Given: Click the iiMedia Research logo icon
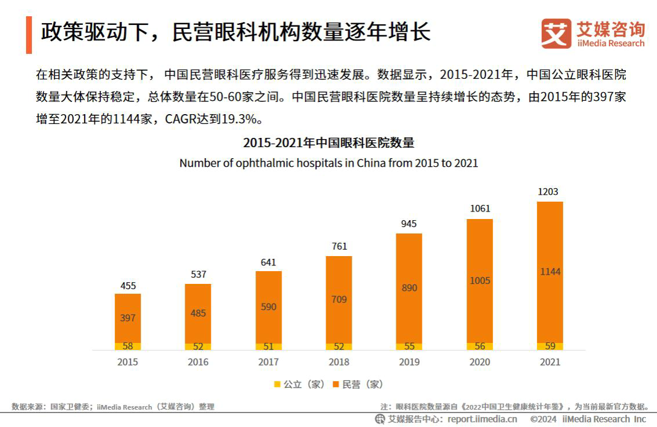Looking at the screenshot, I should (x=556, y=34).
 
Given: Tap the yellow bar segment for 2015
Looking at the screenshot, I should (x=127, y=346).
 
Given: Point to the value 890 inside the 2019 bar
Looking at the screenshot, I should (x=409, y=288).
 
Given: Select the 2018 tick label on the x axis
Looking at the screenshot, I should (x=339, y=362).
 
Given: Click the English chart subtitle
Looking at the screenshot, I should (x=329, y=163).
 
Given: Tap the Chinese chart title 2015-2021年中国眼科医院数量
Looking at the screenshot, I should (x=329, y=143).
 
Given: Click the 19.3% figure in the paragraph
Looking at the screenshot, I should (x=239, y=120).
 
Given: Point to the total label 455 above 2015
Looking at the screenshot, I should (x=128, y=285).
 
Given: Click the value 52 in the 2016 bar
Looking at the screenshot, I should (x=198, y=346).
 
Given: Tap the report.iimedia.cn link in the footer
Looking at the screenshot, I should (x=482, y=419).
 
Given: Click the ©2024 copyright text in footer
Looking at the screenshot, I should (x=543, y=419).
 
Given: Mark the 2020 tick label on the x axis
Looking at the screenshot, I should (x=480, y=362).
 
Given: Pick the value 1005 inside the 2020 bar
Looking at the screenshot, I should (x=480, y=281).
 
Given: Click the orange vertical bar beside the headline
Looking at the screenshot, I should (x=29, y=35).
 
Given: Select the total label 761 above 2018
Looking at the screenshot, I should (x=339, y=247).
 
